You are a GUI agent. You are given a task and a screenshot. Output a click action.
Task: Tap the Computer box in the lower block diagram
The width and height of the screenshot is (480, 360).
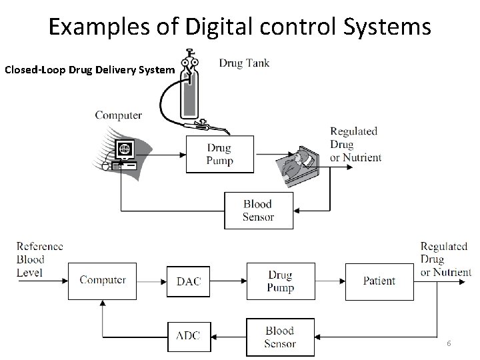coord(103,281)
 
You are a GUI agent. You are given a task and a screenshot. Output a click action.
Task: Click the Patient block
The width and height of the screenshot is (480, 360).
coord(379,281)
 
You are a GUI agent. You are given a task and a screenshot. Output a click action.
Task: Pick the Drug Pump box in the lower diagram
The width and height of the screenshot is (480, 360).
coord(280,281)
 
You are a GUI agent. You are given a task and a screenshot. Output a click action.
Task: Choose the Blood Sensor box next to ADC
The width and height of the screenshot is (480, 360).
coord(280,337)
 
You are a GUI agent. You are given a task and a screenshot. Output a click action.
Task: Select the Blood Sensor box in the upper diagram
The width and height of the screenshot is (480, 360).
coord(257,211)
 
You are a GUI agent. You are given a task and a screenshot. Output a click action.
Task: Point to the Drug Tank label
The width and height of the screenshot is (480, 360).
coord(244,63)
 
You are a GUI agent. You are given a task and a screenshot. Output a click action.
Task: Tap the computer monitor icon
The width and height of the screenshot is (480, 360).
coord(124,150)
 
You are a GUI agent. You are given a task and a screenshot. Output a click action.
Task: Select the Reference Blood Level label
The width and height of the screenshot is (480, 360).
coord(39,259)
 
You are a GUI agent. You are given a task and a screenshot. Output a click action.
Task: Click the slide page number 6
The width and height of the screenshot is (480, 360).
coord(449,343)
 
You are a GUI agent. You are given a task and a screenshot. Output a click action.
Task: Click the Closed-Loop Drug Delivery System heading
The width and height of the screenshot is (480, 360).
coord(89,69)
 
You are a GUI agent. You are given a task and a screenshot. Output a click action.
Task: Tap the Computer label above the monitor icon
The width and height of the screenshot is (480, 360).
coord(118,115)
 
